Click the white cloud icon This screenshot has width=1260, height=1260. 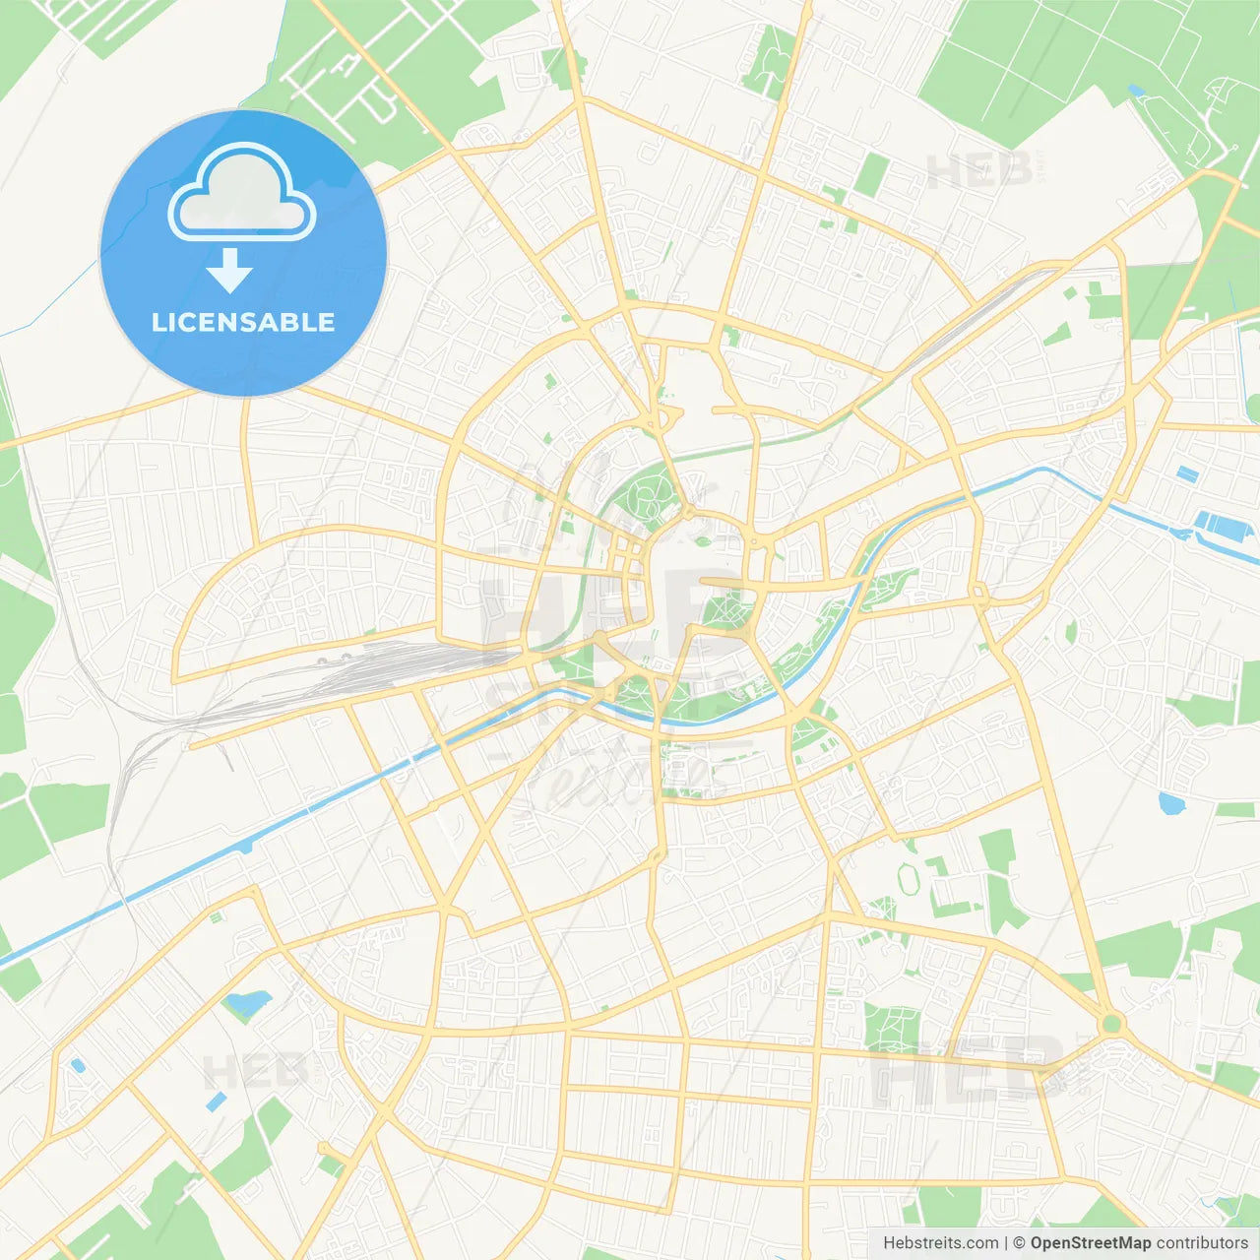tap(242, 193)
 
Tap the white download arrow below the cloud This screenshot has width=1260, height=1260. tap(230, 271)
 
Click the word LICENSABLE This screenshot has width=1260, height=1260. tap(243, 322)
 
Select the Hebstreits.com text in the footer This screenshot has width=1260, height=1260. tap(940, 1242)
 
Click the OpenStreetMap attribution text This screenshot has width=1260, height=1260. tap(1090, 1242)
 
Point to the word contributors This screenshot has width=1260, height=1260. tap(1202, 1242)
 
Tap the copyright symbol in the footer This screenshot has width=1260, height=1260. tap(1019, 1242)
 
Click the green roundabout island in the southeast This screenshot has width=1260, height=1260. tap(1111, 1024)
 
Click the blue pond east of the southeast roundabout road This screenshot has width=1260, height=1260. tap(1171, 803)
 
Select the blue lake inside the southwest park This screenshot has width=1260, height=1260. tap(246, 1004)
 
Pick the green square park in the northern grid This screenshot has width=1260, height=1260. tap(871, 174)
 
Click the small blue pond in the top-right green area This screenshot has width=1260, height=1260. tap(1137, 92)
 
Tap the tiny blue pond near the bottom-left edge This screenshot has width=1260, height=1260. tap(77, 1065)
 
